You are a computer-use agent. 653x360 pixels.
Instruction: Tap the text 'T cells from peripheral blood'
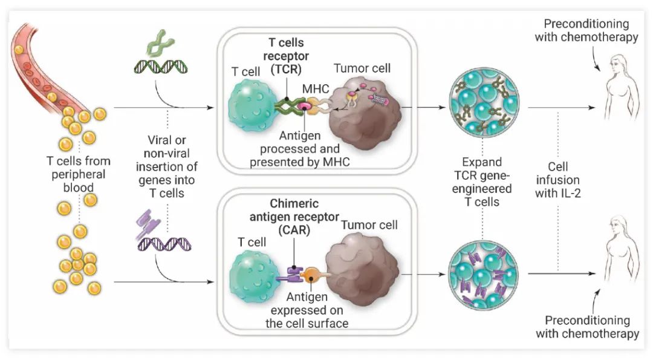(79, 174)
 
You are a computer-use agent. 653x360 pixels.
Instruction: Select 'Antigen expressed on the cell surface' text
(307, 310)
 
